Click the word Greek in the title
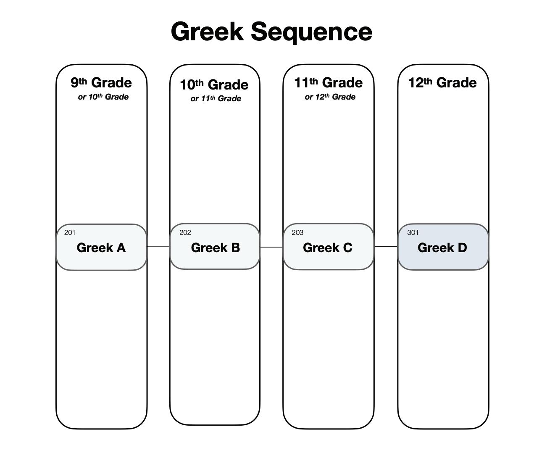click(207, 32)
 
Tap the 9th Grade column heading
click(101, 82)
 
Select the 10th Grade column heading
click(214, 84)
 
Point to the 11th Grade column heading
click(328, 82)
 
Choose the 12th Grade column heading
click(442, 82)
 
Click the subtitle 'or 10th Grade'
click(103, 97)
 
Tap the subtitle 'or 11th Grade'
click(216, 99)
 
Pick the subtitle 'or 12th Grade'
click(330, 97)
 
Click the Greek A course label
click(101, 248)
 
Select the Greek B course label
click(216, 248)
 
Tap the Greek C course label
click(328, 248)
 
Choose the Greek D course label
click(442, 248)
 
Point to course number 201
click(70, 233)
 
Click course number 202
click(185, 233)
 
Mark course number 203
click(297, 233)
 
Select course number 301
click(413, 233)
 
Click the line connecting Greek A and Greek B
click(158, 247)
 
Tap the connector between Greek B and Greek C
click(271, 247)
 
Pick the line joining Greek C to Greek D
click(386, 246)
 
